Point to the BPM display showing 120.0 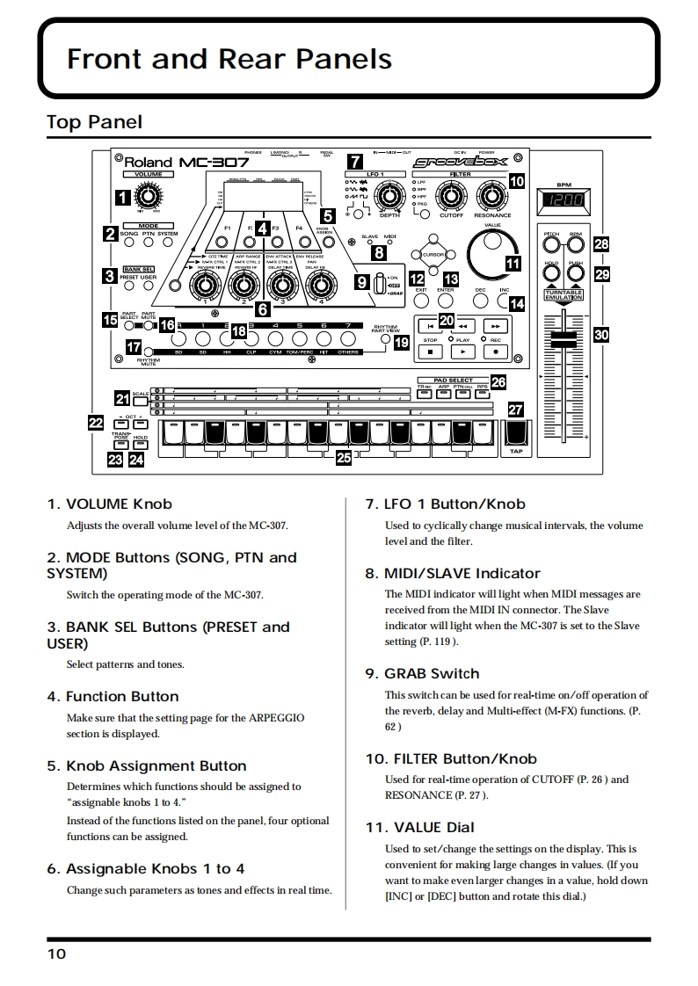click(564, 201)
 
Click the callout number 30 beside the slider click(601, 334)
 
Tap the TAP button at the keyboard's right click(516, 433)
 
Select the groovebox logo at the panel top click(459, 162)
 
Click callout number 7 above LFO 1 click(354, 161)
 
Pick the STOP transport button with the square click(431, 352)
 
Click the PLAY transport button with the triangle click(463, 352)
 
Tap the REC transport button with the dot click(496, 352)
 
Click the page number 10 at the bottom click(56, 953)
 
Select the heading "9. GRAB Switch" click(422, 674)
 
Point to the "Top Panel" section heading click(94, 121)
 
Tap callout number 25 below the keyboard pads click(344, 458)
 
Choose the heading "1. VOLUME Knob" click(109, 504)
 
